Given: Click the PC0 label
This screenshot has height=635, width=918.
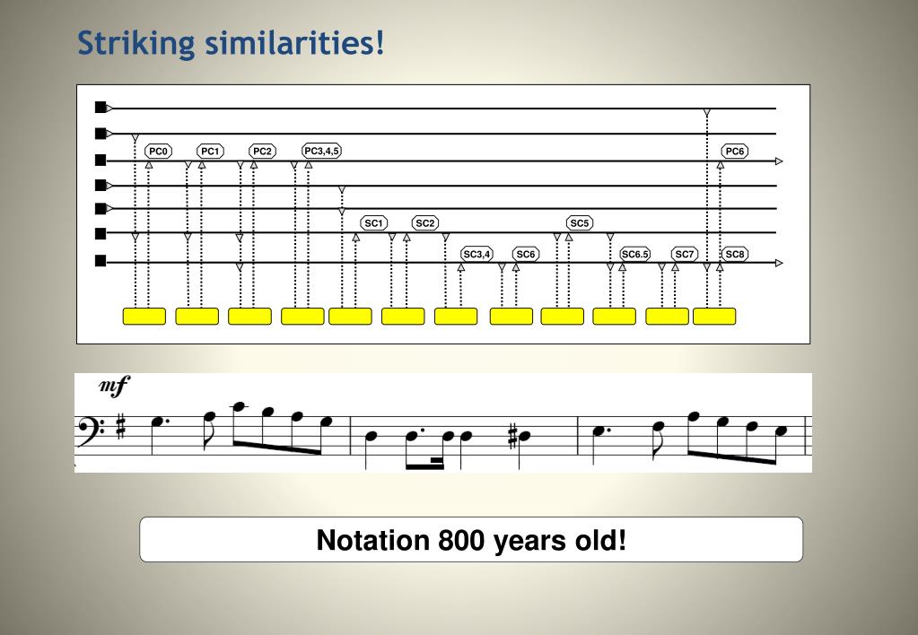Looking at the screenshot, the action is [158, 151].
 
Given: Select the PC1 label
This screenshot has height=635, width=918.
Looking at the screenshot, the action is [210, 151].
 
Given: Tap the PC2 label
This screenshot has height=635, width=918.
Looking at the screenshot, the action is [262, 151].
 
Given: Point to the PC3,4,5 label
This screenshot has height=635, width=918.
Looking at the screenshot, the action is [321, 151].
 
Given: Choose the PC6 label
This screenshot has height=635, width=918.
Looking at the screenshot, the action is [735, 151].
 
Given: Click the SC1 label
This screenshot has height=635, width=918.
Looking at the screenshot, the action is [373, 223].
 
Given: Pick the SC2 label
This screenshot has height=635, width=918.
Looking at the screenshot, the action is [425, 223].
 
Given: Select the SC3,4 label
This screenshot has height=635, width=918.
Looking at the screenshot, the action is [477, 254].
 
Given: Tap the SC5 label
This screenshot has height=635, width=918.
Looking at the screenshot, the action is [580, 223].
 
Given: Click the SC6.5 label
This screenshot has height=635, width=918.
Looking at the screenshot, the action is [635, 254].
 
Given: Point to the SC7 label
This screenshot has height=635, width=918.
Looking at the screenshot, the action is [685, 254].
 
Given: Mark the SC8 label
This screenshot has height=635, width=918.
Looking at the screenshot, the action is [735, 254].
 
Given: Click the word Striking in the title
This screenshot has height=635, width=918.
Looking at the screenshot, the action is [136, 43].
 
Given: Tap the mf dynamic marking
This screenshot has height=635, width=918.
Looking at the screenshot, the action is [114, 386].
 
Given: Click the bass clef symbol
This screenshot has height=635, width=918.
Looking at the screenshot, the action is [91, 432].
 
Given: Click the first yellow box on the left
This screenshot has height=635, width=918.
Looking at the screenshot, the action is [144, 316].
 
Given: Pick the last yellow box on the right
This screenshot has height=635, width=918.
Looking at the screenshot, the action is [714, 316].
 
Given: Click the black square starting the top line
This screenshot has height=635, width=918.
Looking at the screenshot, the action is [101, 108].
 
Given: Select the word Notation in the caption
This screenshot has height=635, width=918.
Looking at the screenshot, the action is [373, 540].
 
